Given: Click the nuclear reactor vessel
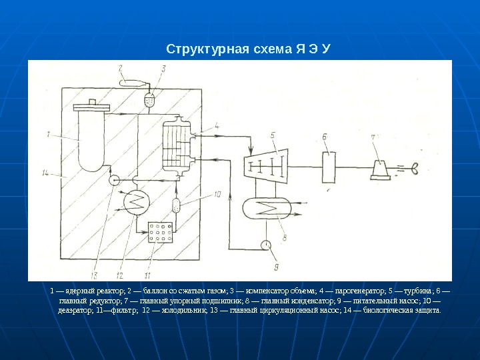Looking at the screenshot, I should tap(91, 137).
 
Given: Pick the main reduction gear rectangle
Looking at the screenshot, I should tap(327, 163).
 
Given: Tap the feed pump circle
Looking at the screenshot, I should tap(267, 245).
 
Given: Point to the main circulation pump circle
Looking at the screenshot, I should tap(114, 180).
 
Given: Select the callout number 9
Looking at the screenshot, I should tap(276, 267).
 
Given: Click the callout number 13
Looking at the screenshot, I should tap(94, 273).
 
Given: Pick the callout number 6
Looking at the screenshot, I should tap(324, 137).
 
